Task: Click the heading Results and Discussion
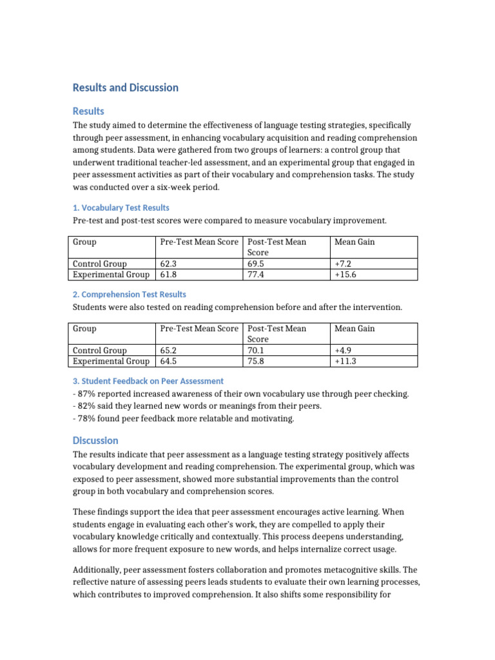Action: [x=126, y=88]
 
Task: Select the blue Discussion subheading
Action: [x=95, y=440]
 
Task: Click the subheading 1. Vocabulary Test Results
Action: [x=121, y=208]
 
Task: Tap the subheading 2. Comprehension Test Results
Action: [x=130, y=294]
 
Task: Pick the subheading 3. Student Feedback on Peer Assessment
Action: [x=148, y=381]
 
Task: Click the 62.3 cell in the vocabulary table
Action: [x=168, y=264]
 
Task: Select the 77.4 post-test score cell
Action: [x=256, y=275]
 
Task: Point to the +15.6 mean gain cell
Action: [x=346, y=275]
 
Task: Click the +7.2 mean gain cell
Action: [x=344, y=264]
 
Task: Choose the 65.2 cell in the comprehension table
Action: [x=168, y=350]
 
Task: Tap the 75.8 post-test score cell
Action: [x=256, y=361]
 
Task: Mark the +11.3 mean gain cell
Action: [x=345, y=361]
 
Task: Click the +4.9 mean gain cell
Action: [x=344, y=350]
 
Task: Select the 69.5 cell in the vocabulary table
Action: [x=256, y=264]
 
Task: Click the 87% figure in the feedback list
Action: [x=86, y=394]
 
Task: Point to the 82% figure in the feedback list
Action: [x=86, y=406]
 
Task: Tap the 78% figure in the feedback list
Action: [x=86, y=418]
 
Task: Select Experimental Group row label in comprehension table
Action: [x=111, y=361]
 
